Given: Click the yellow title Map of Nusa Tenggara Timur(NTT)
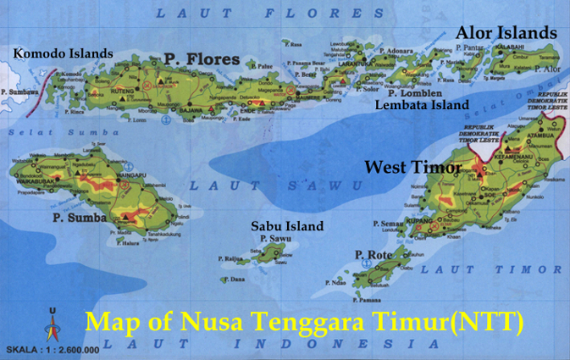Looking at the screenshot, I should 305,323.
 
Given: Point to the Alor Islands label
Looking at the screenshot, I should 506,32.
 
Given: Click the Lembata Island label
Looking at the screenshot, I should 422,105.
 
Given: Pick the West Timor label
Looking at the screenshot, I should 412,168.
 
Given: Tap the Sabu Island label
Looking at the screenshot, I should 287,226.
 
